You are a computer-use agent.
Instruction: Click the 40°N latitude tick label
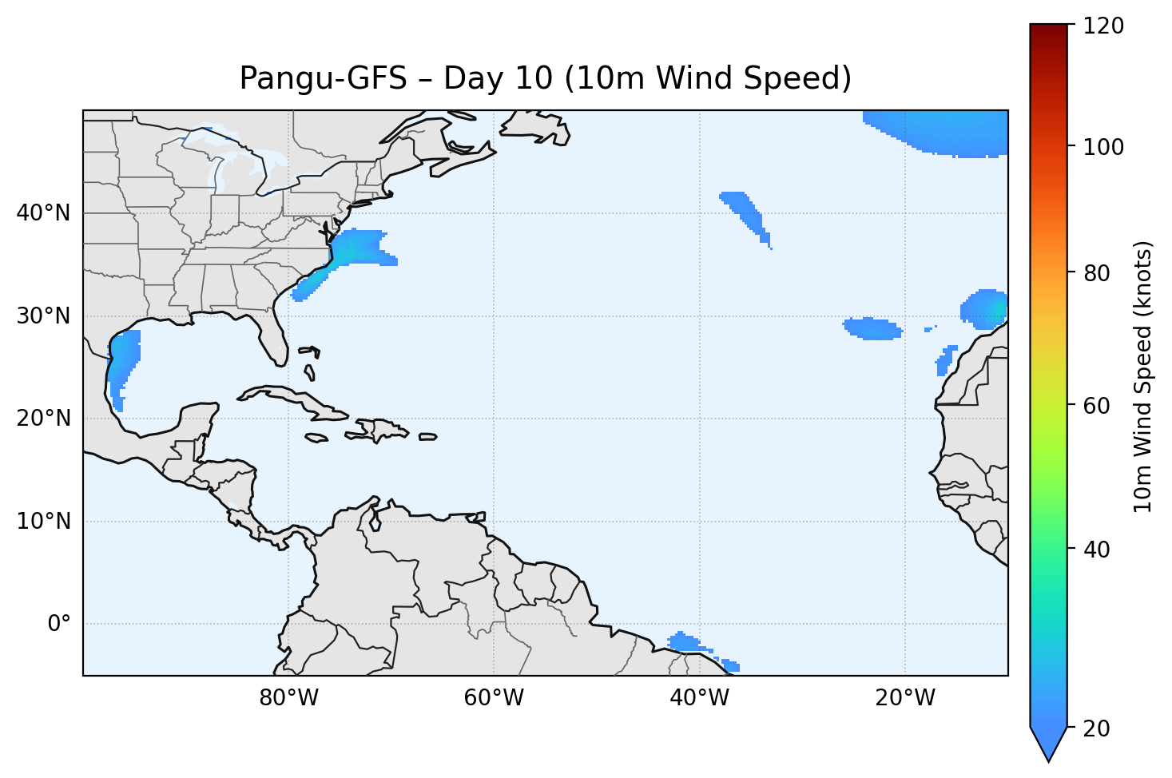tap(43, 213)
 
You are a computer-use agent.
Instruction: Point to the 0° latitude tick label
tap(58, 624)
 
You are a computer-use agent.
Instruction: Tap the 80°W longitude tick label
tap(288, 698)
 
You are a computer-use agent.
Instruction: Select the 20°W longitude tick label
tap(905, 698)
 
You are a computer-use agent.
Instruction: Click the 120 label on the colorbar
tap(1106, 26)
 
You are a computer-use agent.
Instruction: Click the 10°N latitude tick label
tap(43, 522)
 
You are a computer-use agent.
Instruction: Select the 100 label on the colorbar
tap(1106, 148)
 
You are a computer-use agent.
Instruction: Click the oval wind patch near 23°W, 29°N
tap(873, 328)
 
